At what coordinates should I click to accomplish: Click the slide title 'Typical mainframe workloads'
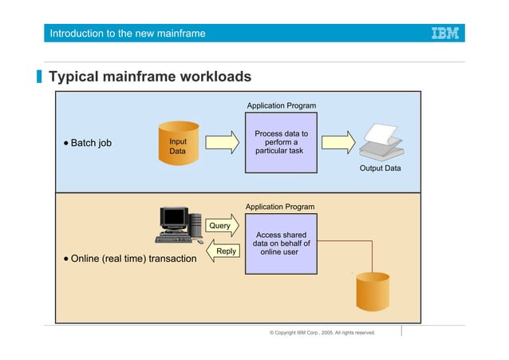150,77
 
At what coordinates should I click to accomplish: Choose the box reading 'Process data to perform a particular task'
280,143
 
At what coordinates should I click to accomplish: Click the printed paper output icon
377,143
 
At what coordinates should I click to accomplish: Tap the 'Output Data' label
380,168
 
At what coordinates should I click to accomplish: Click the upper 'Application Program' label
281,105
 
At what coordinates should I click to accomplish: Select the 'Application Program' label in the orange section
279,207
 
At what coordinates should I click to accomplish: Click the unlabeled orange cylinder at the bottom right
372,293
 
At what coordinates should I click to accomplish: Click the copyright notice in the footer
322,332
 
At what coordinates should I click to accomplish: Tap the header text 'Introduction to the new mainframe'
128,34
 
